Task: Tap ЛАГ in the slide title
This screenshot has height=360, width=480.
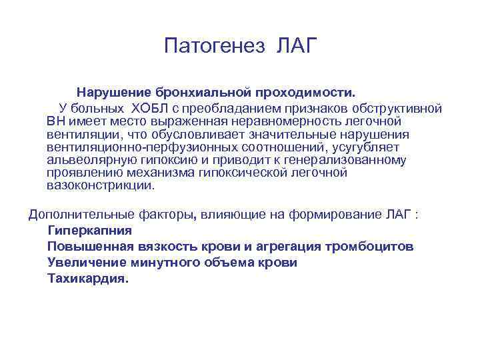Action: point(295,47)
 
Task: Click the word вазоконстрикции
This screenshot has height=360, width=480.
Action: point(100,186)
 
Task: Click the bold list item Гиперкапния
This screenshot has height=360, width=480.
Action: point(89,231)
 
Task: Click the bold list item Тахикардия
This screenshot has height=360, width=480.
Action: point(87,279)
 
